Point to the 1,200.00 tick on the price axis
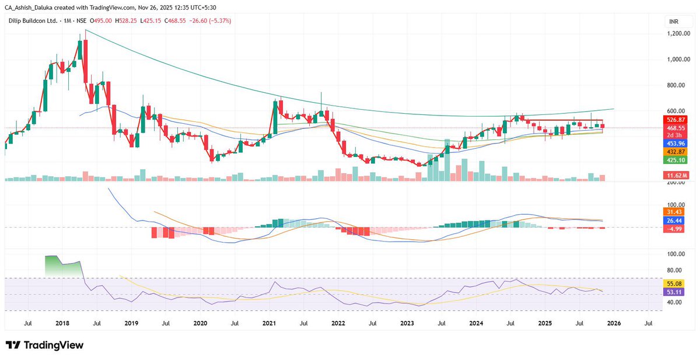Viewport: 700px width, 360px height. (679, 34)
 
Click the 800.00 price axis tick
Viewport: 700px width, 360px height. (679, 85)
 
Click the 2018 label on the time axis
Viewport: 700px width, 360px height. (62, 322)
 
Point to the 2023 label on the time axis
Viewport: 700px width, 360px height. (407, 322)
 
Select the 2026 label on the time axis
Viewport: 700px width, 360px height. (613, 322)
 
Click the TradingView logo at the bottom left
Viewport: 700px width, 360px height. (44, 345)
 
